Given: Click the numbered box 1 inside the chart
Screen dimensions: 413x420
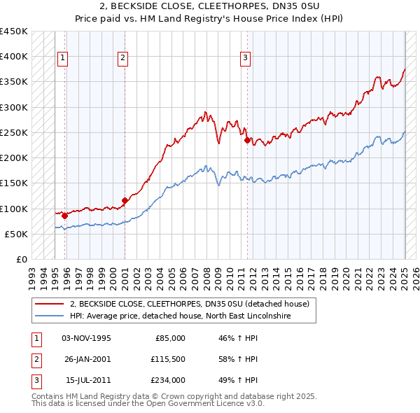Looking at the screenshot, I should tap(63, 59).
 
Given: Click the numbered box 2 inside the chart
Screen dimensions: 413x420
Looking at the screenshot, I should tap(122, 59).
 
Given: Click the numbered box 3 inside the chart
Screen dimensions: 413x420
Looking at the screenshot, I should tap(246, 59).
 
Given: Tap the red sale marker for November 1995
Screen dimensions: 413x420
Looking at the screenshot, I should tap(64, 216).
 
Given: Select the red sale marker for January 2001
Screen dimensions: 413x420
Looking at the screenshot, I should tap(125, 201).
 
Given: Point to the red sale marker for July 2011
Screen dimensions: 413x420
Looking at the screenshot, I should tap(247, 140).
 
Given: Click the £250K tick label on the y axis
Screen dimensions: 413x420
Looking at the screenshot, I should tap(13, 133).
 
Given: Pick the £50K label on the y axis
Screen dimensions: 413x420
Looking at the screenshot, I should tap(16, 234).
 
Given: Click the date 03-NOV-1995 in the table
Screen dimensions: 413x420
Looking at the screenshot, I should tap(86, 338).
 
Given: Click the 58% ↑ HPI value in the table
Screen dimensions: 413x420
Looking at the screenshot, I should tap(238, 359).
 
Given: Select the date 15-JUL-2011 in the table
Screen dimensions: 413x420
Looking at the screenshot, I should tap(86, 380).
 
